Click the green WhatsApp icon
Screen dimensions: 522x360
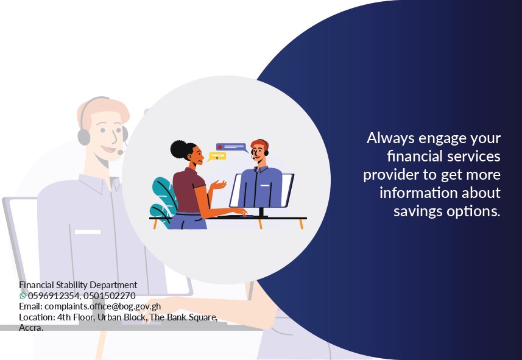click(23, 295)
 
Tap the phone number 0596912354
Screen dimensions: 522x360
click(53, 295)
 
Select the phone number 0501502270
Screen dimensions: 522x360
click(110, 295)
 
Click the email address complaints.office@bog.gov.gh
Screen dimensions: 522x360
click(102, 306)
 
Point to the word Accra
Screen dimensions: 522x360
click(31, 328)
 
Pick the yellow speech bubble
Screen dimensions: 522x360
click(217, 156)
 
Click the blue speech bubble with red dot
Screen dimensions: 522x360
click(231, 147)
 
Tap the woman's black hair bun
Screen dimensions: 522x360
click(179, 149)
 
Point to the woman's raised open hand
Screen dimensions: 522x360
click(219, 185)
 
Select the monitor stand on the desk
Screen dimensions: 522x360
click(261, 212)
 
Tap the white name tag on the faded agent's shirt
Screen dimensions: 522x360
click(88, 232)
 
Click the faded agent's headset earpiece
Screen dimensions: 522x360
click(84, 137)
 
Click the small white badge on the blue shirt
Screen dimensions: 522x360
click(265, 186)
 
